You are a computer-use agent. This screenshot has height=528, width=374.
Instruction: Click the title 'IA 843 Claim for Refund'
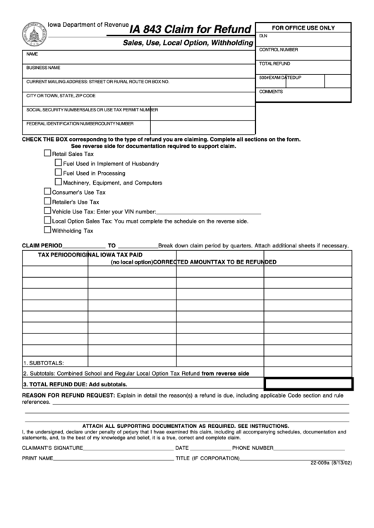[x=191, y=30]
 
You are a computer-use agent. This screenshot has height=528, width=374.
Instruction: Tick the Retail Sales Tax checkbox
[x=47, y=153]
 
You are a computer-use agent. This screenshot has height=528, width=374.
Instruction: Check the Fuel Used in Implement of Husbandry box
[x=59, y=163]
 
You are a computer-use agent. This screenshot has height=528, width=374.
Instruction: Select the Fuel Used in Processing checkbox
[x=59, y=172]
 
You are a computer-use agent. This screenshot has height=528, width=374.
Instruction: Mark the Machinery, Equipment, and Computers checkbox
[x=59, y=182]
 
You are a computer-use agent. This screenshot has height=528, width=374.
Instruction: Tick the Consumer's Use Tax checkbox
[x=47, y=191]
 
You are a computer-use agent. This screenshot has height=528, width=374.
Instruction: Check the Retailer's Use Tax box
[x=47, y=201]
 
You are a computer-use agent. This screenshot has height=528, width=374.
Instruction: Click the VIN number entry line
[x=208, y=211]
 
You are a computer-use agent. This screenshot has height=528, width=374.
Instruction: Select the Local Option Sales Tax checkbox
[x=47, y=220]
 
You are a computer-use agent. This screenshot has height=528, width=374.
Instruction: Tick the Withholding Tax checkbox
[x=47, y=229]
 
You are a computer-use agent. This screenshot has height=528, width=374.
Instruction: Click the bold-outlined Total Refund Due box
[x=308, y=383]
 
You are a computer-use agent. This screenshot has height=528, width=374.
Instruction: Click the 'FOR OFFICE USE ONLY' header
[x=303, y=27]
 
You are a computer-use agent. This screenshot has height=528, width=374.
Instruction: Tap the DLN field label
[x=263, y=35]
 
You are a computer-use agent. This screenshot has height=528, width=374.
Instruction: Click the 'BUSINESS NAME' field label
[x=43, y=68]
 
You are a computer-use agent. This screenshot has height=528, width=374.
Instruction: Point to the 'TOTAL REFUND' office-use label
[x=275, y=63]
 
